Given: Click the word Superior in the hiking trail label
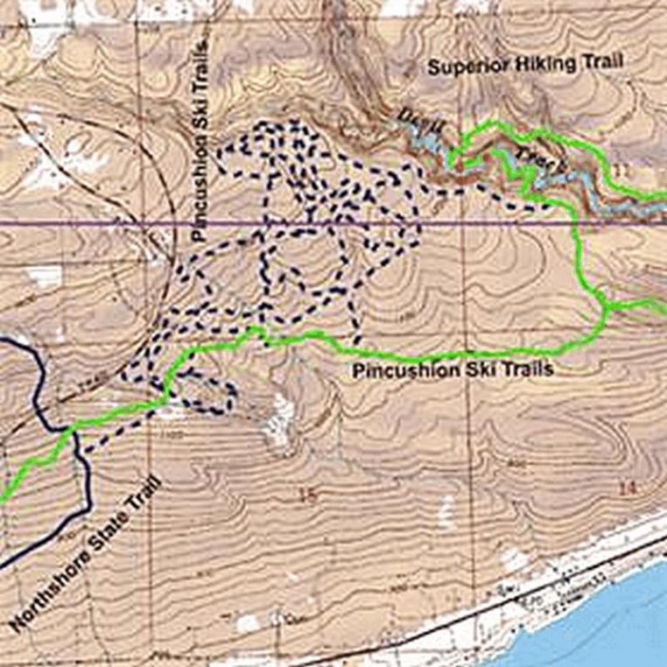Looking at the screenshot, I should [460, 67].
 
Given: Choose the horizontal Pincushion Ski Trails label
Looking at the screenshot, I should [453, 370].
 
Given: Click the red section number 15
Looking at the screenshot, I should [305, 496].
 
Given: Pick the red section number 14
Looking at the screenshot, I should [625, 487].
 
